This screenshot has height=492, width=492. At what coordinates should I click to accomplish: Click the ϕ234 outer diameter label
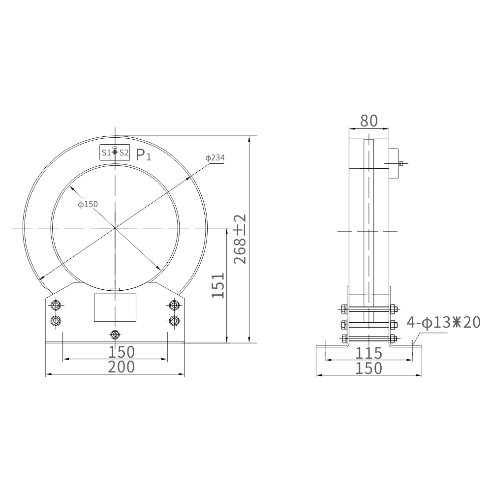(215, 158)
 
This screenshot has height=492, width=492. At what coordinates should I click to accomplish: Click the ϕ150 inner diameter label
(88, 204)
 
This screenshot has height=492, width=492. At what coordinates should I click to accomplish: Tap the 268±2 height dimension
(241, 239)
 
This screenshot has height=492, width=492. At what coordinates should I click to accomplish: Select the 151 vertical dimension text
(218, 285)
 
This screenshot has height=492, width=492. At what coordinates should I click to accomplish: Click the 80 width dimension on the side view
(369, 121)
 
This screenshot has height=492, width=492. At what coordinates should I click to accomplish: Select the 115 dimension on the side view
(369, 353)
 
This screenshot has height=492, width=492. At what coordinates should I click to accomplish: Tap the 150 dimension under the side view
(369, 368)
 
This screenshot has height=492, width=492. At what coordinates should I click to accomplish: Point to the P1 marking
(143, 156)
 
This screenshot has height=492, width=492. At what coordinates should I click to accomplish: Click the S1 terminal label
(106, 153)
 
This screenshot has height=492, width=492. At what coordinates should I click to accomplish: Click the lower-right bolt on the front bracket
(173, 321)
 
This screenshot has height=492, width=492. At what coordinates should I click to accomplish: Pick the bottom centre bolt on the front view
(115, 335)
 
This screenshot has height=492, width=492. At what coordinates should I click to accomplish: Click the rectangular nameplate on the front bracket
(115, 307)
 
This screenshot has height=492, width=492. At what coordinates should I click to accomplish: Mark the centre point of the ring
(115, 228)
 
